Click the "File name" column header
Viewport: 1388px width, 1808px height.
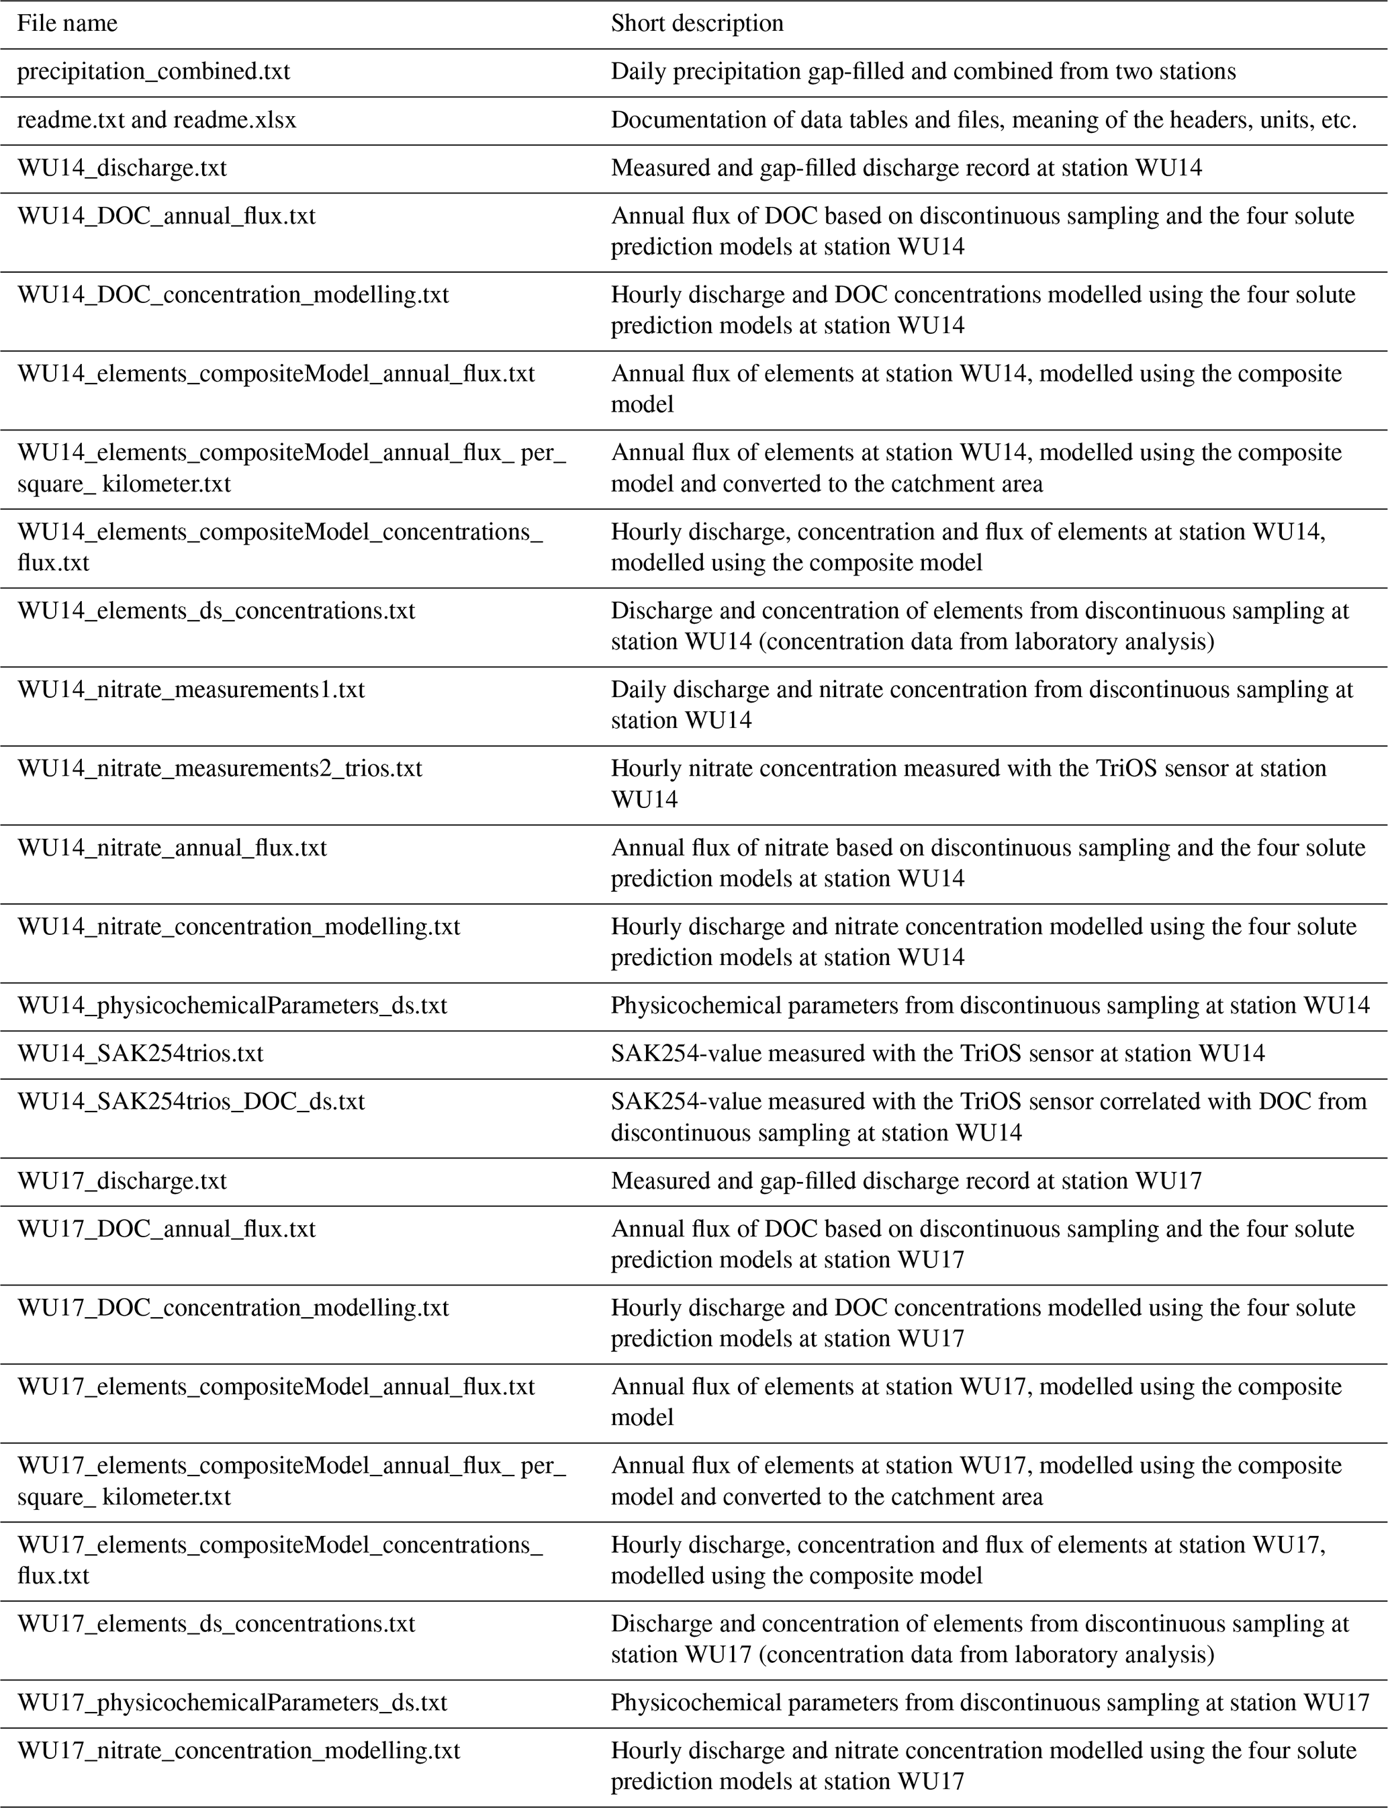click(x=67, y=23)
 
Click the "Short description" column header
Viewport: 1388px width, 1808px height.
click(x=696, y=23)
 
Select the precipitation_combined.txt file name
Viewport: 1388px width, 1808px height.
click(x=154, y=72)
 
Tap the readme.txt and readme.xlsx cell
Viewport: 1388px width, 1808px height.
click(x=156, y=121)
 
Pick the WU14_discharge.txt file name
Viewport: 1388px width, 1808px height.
click(x=122, y=169)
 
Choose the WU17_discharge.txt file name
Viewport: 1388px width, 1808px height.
click(x=122, y=1181)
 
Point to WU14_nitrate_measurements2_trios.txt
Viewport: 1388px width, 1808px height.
click(x=220, y=768)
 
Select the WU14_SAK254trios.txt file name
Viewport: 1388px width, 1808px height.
click(x=140, y=1054)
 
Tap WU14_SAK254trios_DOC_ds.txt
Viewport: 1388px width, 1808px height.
click(x=191, y=1101)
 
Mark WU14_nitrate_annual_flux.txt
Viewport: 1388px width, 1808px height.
click(x=172, y=848)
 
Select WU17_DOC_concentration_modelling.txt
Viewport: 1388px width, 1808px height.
click(x=233, y=1308)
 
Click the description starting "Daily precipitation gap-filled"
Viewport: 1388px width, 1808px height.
click(x=923, y=72)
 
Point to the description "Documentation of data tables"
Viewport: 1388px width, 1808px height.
click(x=984, y=121)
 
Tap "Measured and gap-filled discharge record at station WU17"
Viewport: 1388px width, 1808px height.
click(x=907, y=1181)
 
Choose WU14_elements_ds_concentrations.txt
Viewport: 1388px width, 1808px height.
click(x=216, y=611)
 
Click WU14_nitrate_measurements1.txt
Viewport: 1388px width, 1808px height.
click(x=191, y=689)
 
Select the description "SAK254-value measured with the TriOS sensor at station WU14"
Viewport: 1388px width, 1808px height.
click(x=937, y=1054)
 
